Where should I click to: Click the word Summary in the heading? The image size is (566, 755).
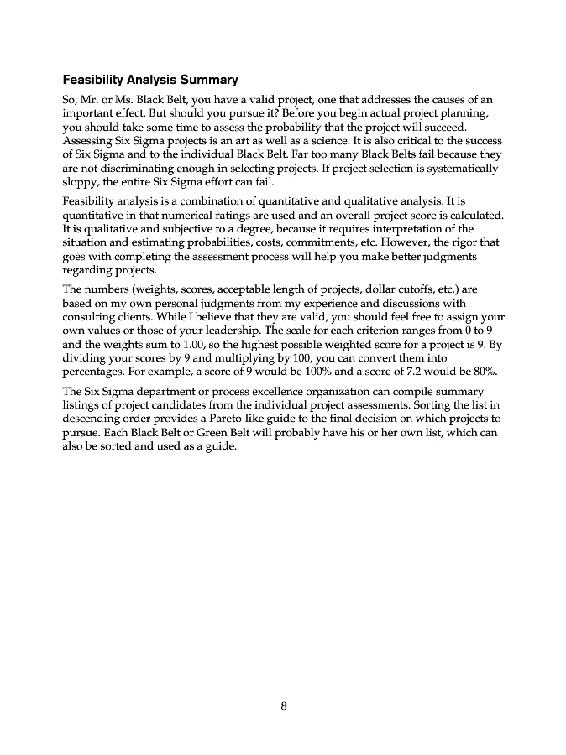point(209,81)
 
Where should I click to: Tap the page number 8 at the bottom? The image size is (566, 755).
point(284,706)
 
